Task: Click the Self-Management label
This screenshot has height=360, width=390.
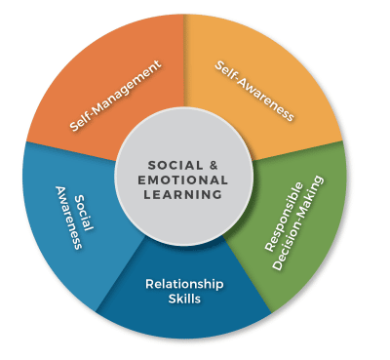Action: coord(115,96)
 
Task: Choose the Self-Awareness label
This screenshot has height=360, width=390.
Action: coord(253,90)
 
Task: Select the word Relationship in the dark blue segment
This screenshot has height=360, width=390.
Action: coord(184,284)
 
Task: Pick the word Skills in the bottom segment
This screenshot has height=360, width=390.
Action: coord(184,299)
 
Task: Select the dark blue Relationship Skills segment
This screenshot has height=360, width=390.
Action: coord(185,312)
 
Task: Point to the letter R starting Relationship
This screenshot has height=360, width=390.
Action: coord(149,284)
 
